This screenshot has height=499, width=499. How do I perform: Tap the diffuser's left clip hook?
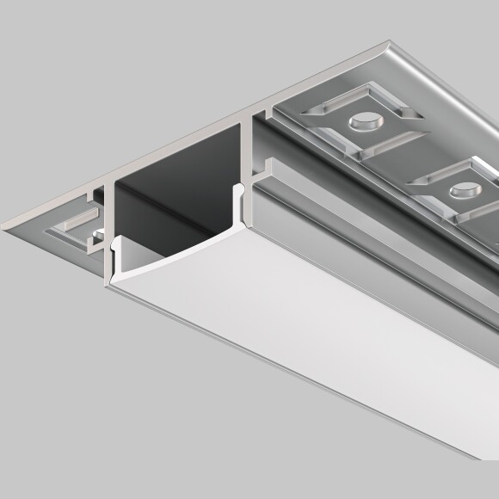tap(114, 249)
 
